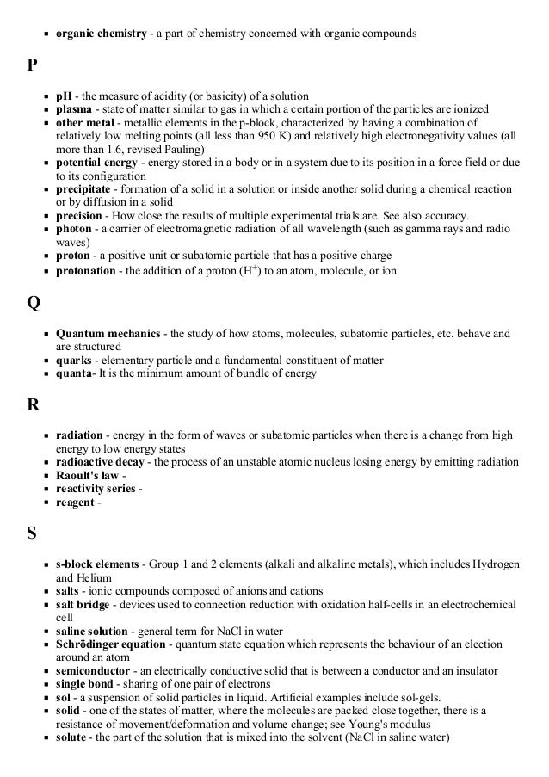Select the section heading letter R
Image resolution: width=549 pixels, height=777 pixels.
click(x=32, y=406)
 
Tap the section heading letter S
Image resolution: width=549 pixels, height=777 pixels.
click(x=31, y=534)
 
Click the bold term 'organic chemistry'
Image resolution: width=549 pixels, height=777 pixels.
click(x=101, y=34)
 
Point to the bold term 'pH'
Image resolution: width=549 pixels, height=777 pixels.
click(x=64, y=96)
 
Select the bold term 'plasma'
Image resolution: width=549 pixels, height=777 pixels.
click(x=75, y=109)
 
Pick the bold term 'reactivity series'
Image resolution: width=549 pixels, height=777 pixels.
click(x=96, y=489)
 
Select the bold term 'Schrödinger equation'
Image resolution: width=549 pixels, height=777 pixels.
click(x=112, y=645)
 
